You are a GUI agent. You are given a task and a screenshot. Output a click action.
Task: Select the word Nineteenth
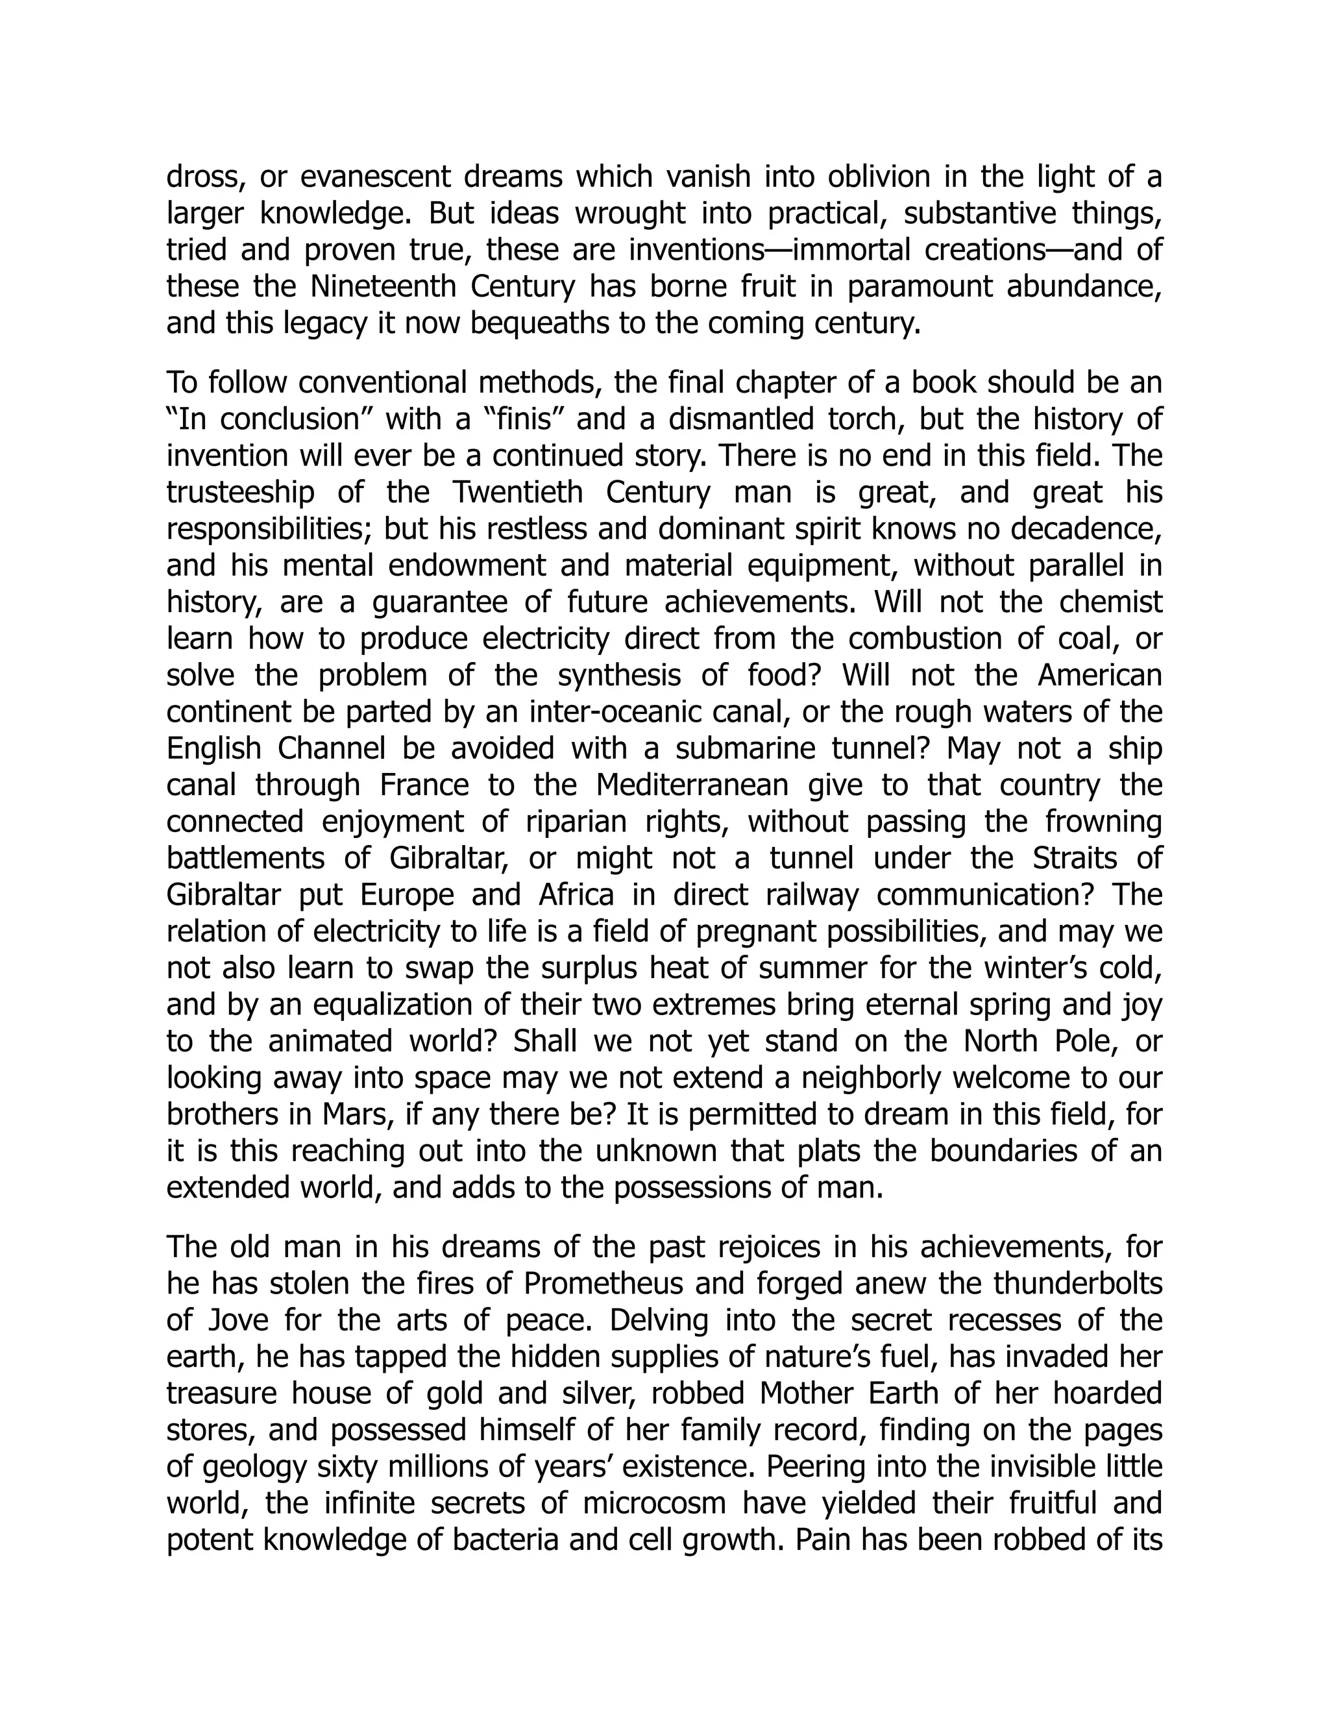click(384, 287)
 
